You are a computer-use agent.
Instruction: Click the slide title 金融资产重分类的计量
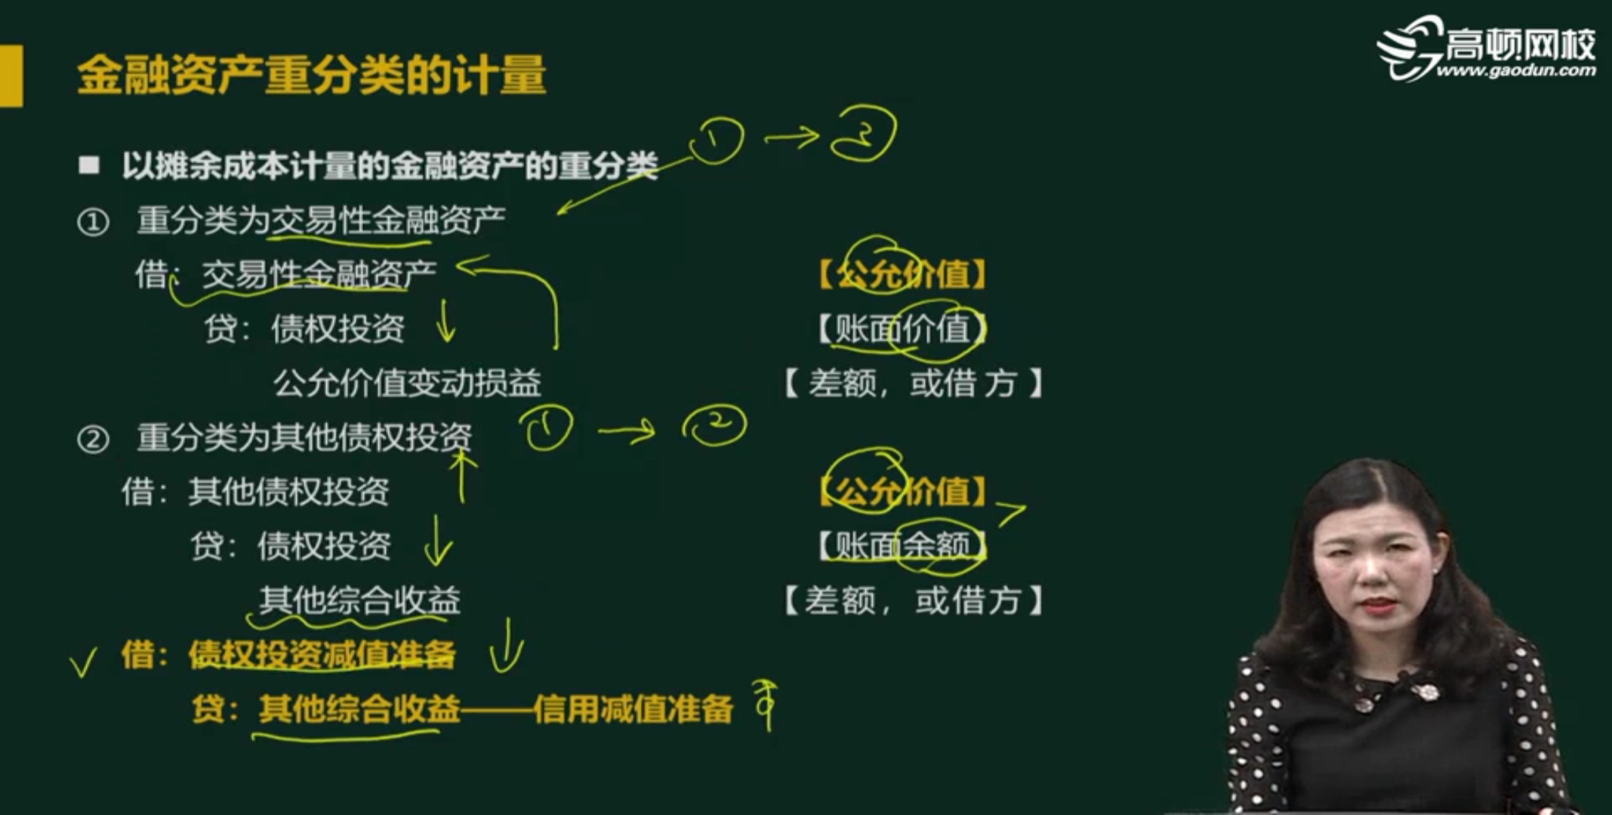coord(311,75)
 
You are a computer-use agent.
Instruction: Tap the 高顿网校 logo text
coord(1520,44)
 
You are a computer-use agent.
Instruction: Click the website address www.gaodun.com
coord(1515,71)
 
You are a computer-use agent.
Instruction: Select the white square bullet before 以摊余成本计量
coord(89,165)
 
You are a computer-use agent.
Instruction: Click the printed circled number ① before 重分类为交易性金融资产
coord(93,222)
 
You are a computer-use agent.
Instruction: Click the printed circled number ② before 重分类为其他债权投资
coord(93,438)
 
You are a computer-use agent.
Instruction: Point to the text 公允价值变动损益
coord(407,383)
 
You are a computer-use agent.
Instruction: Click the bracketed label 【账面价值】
coord(902,329)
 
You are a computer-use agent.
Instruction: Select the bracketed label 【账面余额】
coord(902,545)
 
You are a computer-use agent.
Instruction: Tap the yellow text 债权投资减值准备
coord(322,654)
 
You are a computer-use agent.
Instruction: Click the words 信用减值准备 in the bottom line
coord(633,709)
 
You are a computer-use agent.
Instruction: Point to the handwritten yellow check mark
coord(83,662)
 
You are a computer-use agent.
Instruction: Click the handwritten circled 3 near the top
coord(863,134)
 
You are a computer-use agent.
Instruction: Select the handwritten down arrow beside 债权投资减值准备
coord(506,646)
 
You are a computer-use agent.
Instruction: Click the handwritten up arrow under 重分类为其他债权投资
coord(462,475)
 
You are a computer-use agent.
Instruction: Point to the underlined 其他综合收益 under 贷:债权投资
coord(359,601)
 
